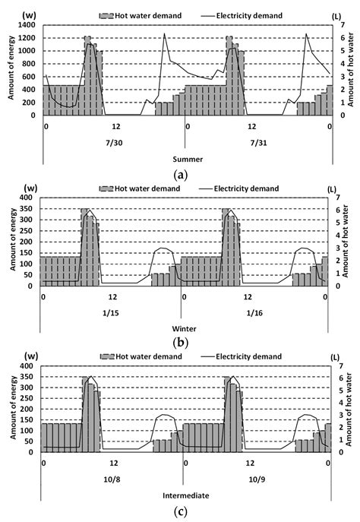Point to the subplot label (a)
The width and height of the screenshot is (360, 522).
(x=181, y=174)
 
